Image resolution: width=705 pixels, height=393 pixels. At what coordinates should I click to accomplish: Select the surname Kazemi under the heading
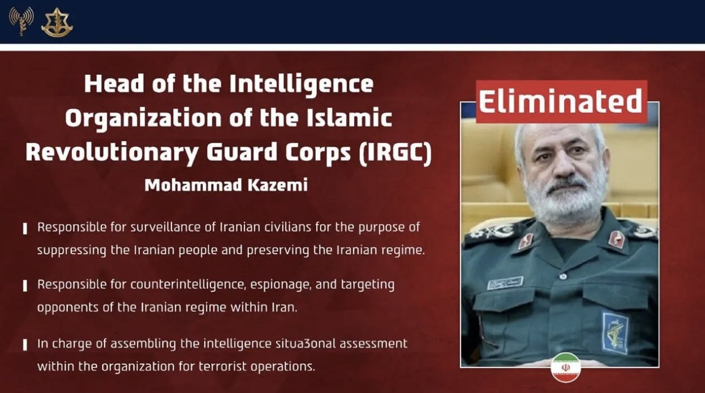click(x=278, y=185)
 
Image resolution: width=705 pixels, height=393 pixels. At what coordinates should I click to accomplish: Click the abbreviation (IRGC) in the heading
click(x=396, y=152)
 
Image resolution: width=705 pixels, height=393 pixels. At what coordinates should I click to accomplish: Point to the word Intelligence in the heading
click(x=301, y=84)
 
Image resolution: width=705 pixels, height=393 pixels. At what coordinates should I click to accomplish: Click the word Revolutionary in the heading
click(x=112, y=153)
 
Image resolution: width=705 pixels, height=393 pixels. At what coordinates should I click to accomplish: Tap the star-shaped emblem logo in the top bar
click(x=57, y=22)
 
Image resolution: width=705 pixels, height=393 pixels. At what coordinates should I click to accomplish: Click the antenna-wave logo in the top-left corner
click(x=22, y=21)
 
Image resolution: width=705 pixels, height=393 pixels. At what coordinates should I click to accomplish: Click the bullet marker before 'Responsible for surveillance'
click(x=25, y=229)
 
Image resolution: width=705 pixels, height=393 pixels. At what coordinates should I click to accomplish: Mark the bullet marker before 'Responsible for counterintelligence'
click(x=25, y=286)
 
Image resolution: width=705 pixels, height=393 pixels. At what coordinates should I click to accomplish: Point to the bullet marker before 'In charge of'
click(x=25, y=344)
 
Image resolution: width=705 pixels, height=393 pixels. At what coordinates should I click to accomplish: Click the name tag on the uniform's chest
click(x=505, y=283)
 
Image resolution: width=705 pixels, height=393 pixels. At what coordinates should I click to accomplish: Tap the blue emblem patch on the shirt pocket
click(x=615, y=332)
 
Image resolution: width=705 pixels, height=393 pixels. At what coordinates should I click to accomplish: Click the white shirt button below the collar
click(x=564, y=277)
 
